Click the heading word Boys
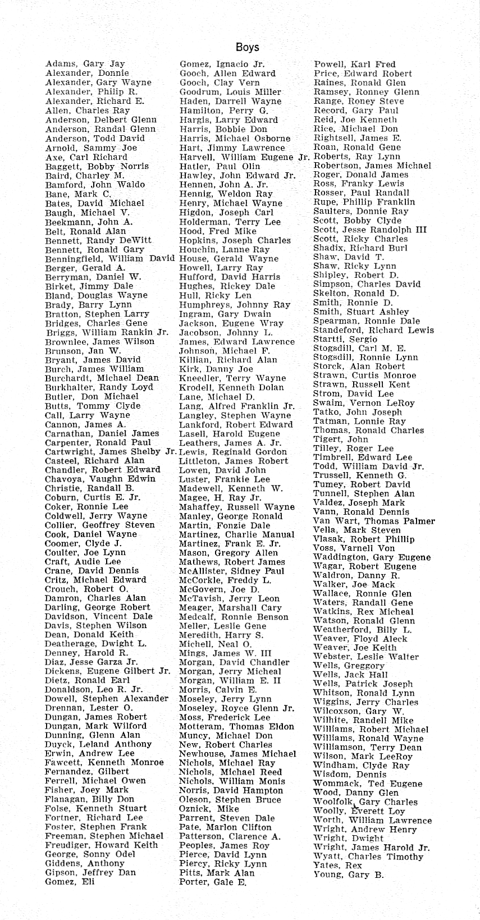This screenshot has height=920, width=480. tap(247, 47)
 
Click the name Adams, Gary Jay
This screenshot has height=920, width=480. tap(85, 64)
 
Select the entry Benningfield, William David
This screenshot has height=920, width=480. tap(110, 259)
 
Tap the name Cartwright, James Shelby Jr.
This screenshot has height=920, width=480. tap(111, 452)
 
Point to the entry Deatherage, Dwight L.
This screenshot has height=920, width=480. tap(95, 644)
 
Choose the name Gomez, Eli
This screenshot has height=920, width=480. tap(70, 881)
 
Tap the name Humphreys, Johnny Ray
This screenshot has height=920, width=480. tap(235, 305)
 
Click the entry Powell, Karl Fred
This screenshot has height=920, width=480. tap(354, 64)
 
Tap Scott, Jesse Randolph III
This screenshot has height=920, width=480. tap(370, 230)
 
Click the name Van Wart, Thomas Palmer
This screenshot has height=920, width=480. tap(374, 521)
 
